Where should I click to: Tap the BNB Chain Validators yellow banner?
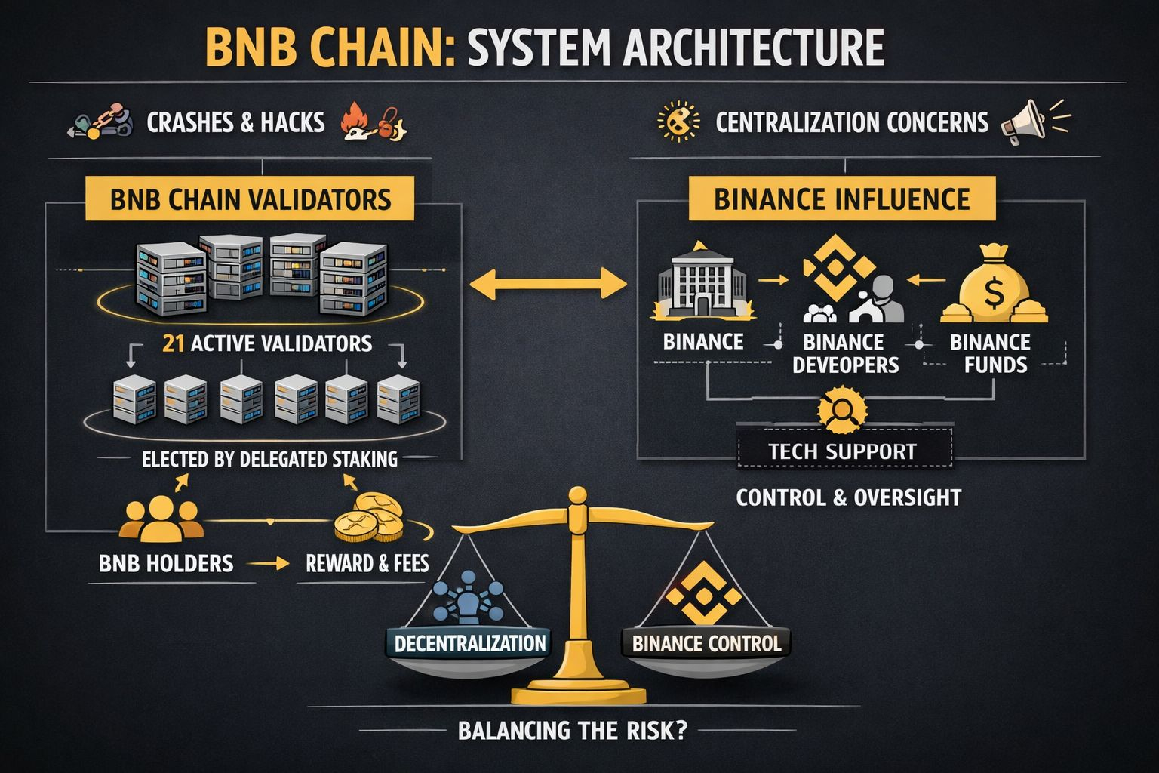point(250,199)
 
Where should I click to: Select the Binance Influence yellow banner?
point(841,199)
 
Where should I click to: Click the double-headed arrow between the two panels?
point(549,285)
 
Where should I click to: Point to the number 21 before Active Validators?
point(174,343)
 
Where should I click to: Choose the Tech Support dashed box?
point(843,451)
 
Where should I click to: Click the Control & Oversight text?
point(848,497)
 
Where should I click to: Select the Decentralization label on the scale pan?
point(470,643)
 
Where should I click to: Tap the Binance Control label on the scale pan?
point(706,644)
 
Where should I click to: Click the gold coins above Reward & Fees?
point(367,518)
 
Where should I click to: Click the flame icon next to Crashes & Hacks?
point(353,121)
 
